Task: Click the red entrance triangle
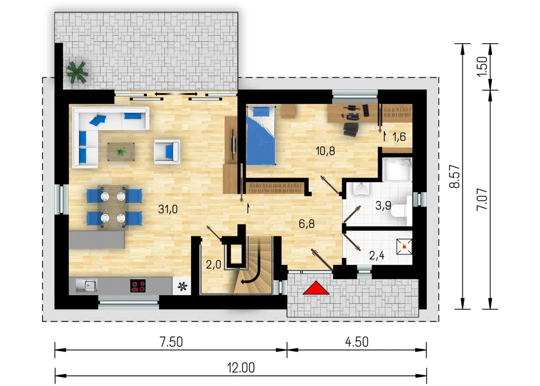[316, 288]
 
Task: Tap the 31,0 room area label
[168, 209]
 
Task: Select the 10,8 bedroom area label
[325, 151]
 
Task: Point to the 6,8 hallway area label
[306, 224]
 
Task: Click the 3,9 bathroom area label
[383, 206]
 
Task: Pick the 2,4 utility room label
[377, 255]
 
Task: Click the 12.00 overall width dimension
[241, 368]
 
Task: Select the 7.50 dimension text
[171, 342]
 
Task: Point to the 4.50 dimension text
[357, 342]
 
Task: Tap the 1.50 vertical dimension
[482, 67]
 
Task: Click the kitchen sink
[86, 286]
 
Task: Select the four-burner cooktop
[138, 286]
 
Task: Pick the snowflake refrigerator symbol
[182, 286]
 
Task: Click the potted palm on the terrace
[77, 72]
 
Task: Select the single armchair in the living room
[166, 151]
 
